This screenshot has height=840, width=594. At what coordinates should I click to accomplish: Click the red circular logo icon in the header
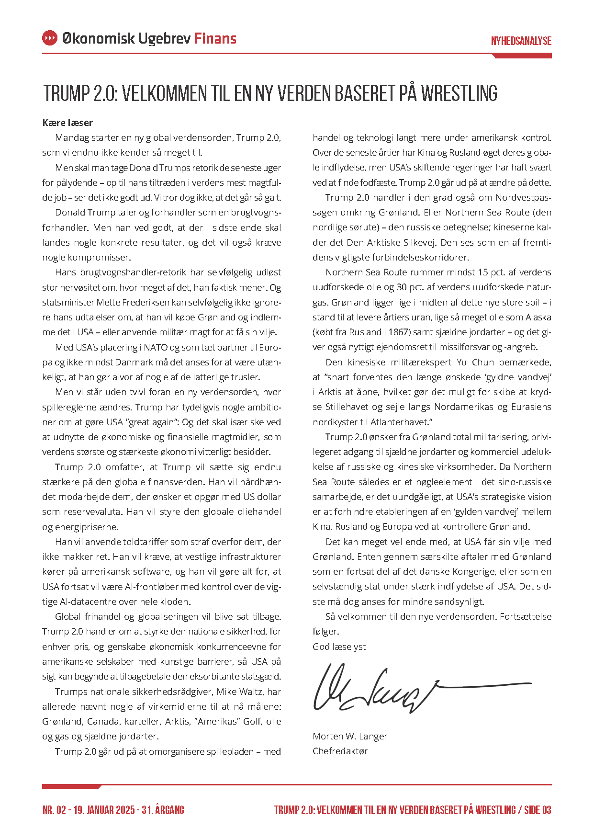click(x=50, y=38)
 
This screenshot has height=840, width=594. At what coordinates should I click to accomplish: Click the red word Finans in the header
click(x=215, y=38)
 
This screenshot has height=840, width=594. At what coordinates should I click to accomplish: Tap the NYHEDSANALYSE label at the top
click(x=521, y=41)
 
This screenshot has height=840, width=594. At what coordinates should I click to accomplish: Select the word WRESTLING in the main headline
click(x=459, y=93)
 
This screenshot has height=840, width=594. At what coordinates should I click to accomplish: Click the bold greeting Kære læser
click(x=67, y=123)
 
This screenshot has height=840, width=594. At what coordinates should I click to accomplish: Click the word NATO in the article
click(x=156, y=347)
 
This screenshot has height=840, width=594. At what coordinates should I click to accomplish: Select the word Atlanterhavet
click(x=402, y=422)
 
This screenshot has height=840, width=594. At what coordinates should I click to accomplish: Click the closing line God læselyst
click(x=339, y=647)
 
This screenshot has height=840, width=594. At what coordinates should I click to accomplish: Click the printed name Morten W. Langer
click(x=350, y=736)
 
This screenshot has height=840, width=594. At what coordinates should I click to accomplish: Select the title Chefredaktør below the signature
click(x=340, y=751)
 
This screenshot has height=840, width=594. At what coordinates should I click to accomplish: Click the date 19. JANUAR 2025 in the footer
click(x=105, y=810)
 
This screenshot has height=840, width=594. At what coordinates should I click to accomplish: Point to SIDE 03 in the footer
click(x=538, y=810)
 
